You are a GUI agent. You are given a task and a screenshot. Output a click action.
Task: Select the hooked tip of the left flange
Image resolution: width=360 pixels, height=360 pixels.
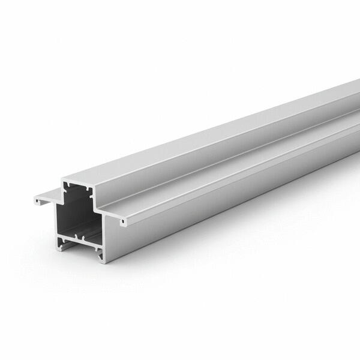tap(37, 202)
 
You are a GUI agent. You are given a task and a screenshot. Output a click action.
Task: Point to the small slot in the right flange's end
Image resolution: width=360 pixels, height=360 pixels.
tap(123, 222)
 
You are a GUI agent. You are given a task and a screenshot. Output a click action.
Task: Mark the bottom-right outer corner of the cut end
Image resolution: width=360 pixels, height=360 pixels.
tap(103, 260)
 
